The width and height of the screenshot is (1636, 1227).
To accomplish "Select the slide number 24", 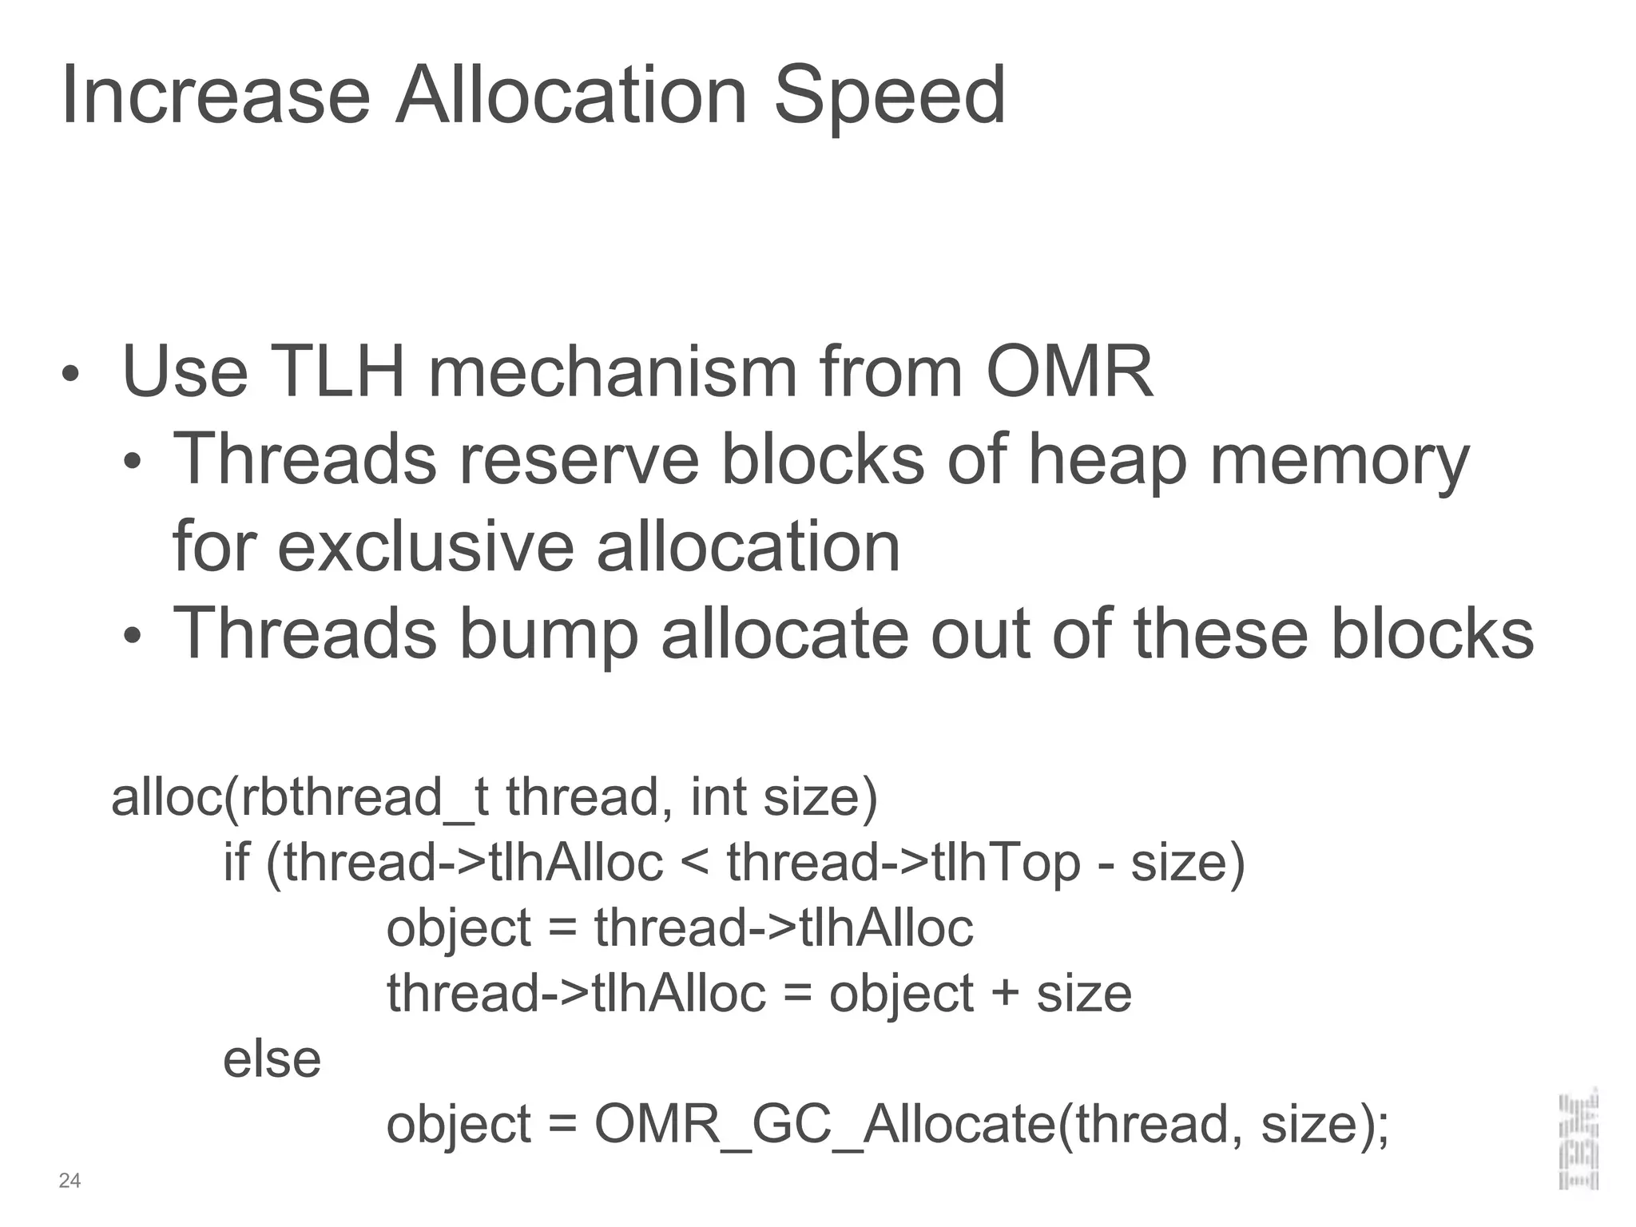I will tap(69, 1181).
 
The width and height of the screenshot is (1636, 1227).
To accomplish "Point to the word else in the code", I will tap(272, 1059).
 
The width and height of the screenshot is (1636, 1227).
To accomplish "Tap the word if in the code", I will tap(236, 863).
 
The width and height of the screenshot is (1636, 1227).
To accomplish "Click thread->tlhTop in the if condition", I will tap(903, 864).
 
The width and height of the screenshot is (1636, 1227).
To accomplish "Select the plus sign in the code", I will tap(1005, 995).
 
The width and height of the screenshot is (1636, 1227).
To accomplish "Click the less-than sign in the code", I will tap(695, 864).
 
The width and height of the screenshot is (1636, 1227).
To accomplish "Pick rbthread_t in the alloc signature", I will tap(363, 798).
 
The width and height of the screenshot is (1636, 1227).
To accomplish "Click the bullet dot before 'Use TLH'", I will tap(71, 374).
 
